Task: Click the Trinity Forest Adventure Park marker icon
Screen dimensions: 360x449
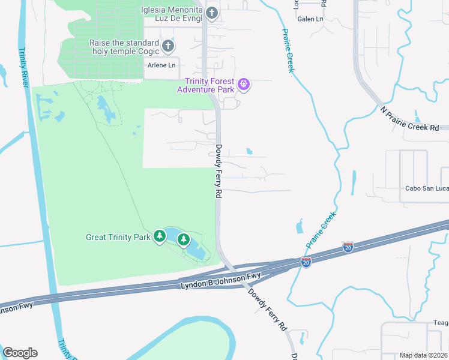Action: (x=243, y=85)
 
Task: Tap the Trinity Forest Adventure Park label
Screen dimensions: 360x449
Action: (x=209, y=86)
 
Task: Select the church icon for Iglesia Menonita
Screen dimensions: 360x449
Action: (x=211, y=13)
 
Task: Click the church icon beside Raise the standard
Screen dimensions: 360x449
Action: (x=168, y=46)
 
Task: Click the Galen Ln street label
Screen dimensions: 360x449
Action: (x=310, y=19)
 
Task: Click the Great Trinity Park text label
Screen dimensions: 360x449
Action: (x=118, y=237)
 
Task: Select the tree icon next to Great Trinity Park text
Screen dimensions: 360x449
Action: (x=160, y=236)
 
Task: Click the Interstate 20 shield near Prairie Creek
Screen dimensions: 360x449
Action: (x=306, y=263)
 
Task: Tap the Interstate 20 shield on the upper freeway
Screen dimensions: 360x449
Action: (x=348, y=246)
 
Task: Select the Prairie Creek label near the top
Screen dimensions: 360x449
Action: (x=288, y=51)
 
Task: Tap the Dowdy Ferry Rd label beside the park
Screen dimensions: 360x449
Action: (x=219, y=172)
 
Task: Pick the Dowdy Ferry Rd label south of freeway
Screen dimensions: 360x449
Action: (x=268, y=310)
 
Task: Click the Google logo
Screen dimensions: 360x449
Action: (x=20, y=353)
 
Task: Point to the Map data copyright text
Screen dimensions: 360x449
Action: (x=424, y=355)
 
